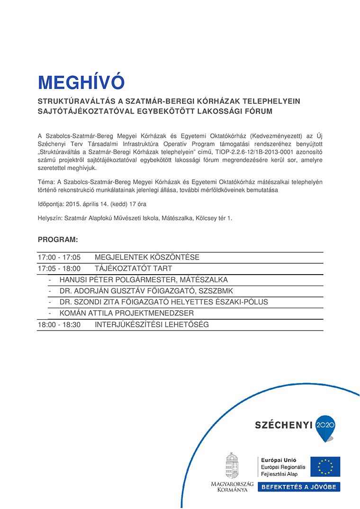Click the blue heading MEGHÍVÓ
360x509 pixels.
[x=81, y=82]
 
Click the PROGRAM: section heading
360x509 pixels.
[x=58, y=240]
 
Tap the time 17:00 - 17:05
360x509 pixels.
[x=59, y=258]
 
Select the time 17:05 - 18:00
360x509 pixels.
[x=59, y=268]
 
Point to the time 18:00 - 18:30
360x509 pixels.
[x=59, y=325]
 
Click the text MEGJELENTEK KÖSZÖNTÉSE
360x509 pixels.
[x=147, y=258]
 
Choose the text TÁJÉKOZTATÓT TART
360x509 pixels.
[x=133, y=268]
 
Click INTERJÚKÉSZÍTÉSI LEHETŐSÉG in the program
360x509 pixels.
[x=152, y=325]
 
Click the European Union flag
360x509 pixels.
[x=325, y=467]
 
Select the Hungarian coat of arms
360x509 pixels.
[x=232, y=466]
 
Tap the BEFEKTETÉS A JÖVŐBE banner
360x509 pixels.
[x=299, y=487]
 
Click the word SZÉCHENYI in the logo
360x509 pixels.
[x=284, y=425]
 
